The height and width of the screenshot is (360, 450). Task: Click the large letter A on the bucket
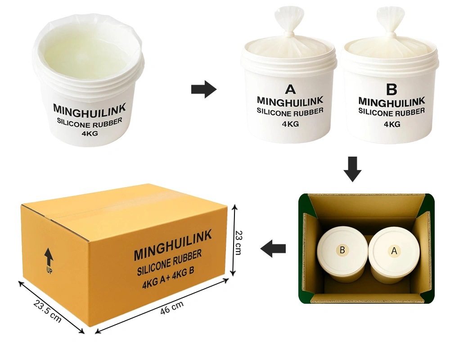point(290,89)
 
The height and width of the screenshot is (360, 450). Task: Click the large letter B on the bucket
point(392,89)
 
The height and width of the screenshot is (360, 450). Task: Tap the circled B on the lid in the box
point(342,250)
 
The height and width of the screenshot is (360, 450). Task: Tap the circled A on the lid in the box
point(394,251)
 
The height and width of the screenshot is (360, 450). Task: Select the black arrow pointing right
point(204,89)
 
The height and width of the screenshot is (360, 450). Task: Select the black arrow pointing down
point(352,169)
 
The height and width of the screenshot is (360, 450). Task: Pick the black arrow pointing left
point(273,248)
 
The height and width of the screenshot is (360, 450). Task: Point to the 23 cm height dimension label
point(238,243)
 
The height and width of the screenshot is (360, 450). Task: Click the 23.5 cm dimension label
point(48,310)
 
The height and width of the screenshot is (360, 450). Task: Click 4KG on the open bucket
point(90,133)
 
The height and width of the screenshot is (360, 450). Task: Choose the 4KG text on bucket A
point(290,124)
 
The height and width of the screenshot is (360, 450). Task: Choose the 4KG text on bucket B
point(392,124)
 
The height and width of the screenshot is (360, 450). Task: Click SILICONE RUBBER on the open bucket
point(90,123)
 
